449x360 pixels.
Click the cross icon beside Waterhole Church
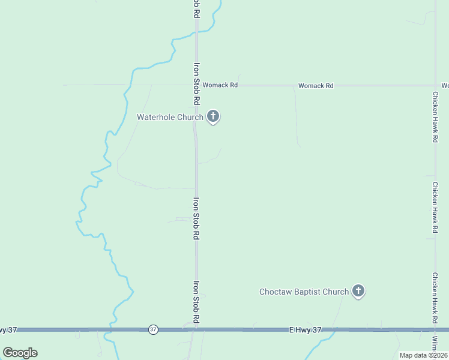coord(212,116)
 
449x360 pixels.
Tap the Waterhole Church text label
coord(170,117)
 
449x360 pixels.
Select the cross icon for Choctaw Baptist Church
coord(358,291)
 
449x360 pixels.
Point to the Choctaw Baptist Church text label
coord(304,292)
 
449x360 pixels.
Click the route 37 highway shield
coord(153,329)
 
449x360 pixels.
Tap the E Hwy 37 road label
coord(306,329)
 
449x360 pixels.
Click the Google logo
coord(20,352)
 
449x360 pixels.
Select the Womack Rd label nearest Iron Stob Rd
coord(220,85)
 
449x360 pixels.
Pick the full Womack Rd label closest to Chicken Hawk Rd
coord(316,86)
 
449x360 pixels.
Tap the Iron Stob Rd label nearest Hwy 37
coord(196,303)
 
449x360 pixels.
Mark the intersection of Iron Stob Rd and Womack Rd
coord(196,85)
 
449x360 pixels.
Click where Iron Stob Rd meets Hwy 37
coord(196,329)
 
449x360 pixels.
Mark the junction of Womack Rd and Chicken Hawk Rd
coord(435,85)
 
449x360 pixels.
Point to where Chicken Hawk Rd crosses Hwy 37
coord(435,329)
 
